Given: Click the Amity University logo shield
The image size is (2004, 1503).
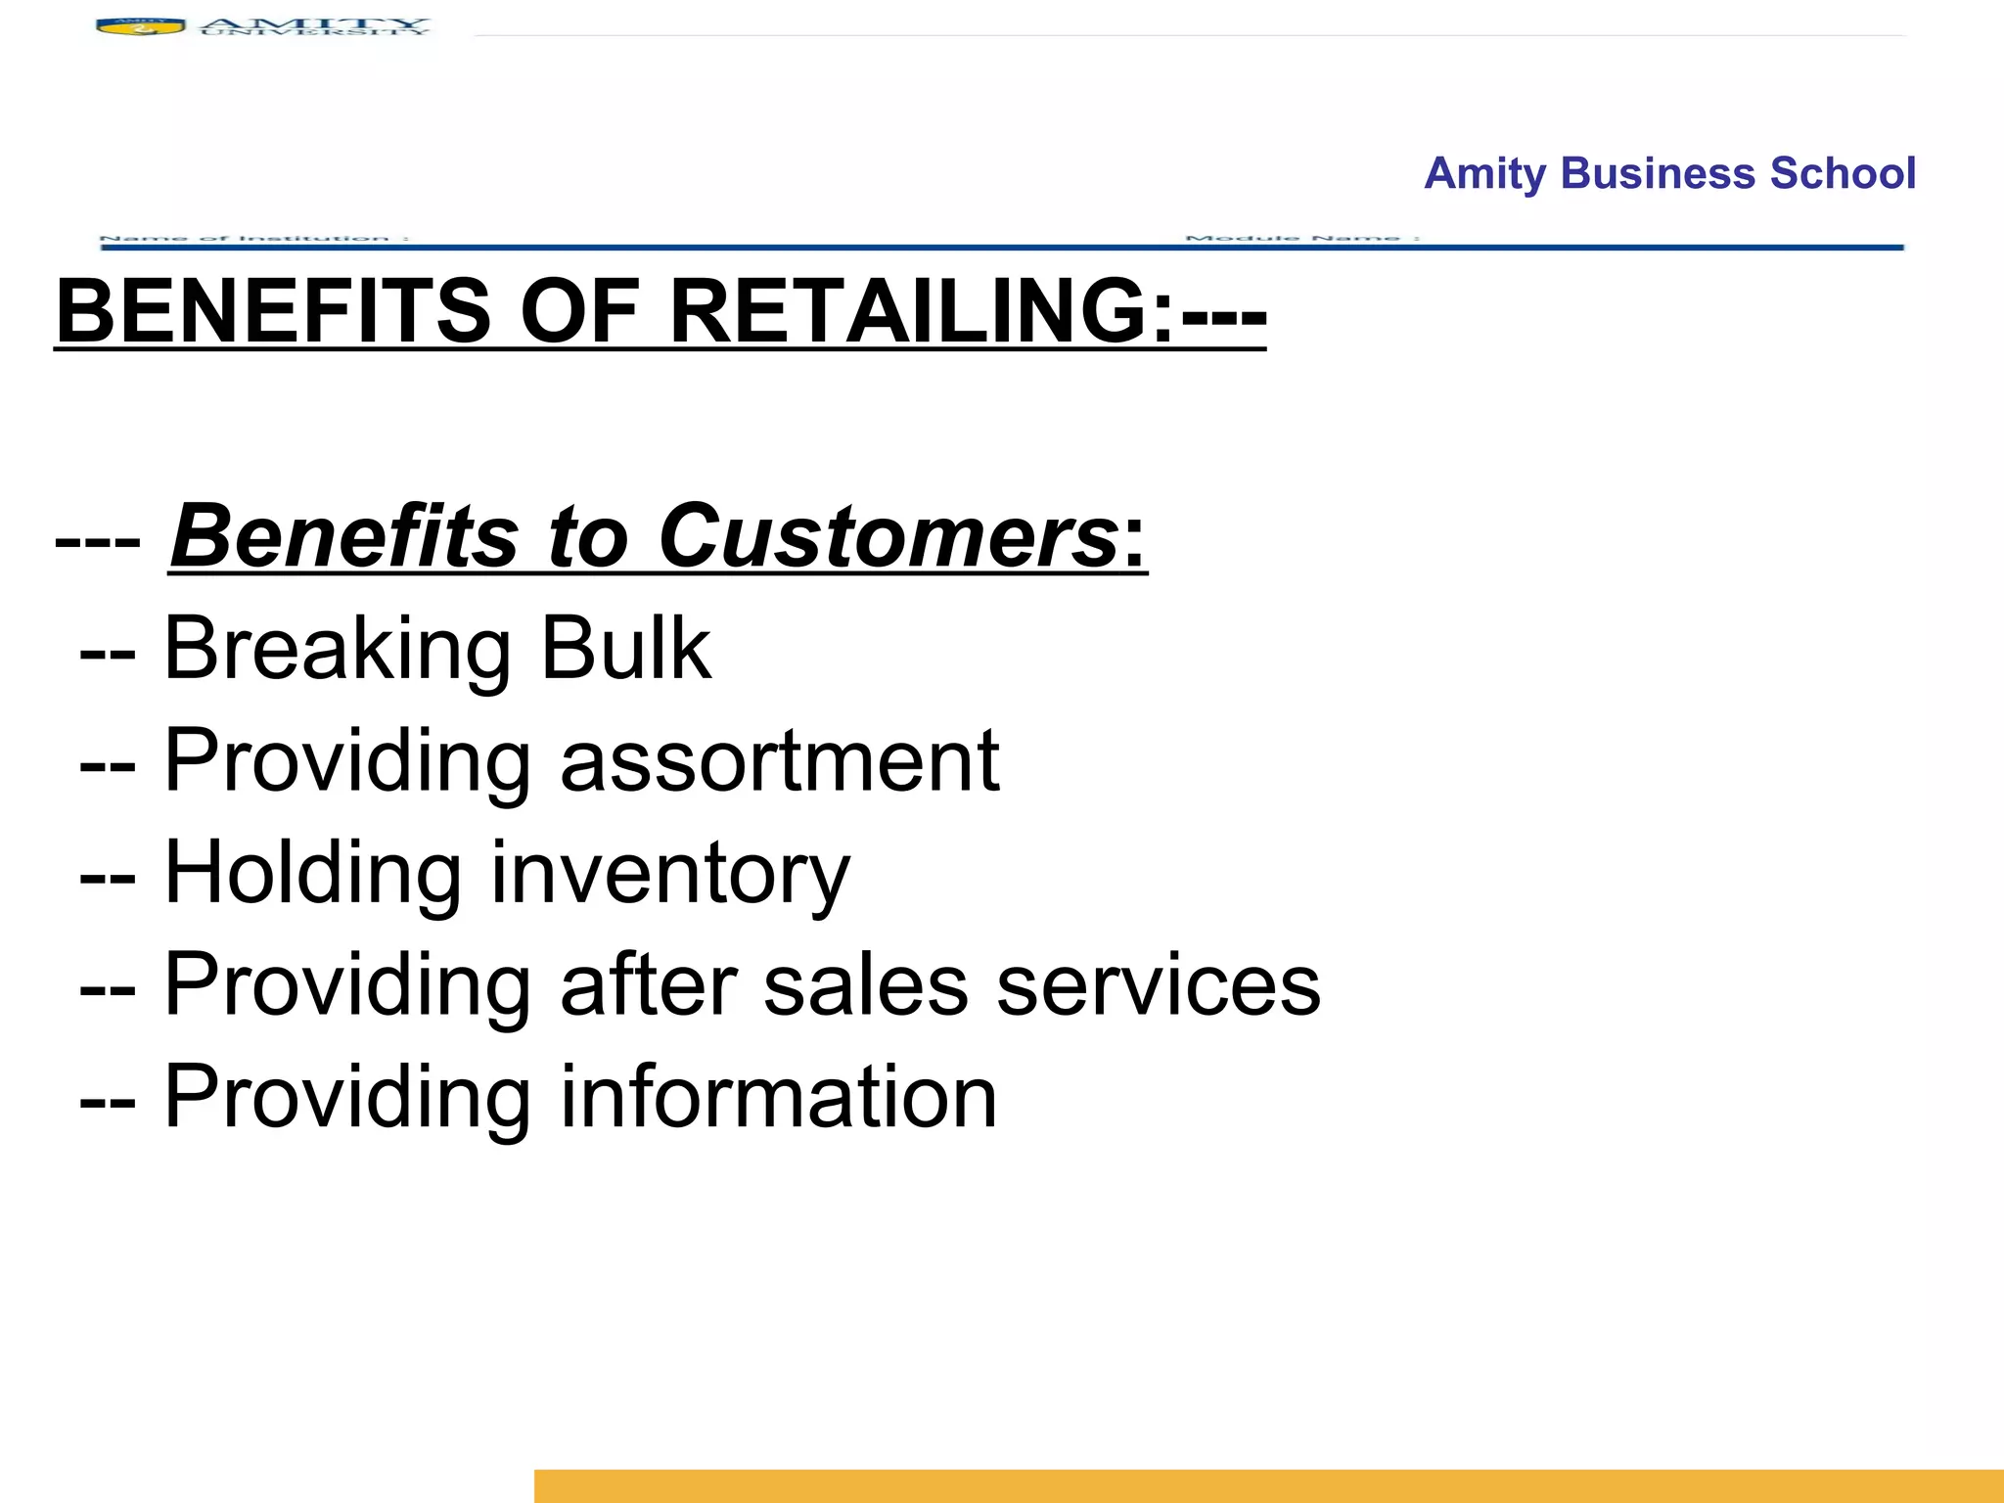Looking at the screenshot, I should pyautogui.click(x=140, y=26).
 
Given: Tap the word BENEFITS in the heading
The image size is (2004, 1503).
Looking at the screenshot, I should pyautogui.click(x=273, y=311).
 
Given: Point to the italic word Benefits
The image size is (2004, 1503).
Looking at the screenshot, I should pyautogui.click(x=342, y=536).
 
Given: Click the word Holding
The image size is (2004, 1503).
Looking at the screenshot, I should pyautogui.click(x=312, y=873).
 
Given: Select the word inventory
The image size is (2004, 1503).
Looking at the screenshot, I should pyautogui.click(x=670, y=875).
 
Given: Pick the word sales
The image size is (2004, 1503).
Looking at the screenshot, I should pyautogui.click(x=865, y=985).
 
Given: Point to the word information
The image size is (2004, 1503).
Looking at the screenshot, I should pyautogui.click(x=778, y=1097).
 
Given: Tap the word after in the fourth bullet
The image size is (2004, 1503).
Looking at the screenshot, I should pyautogui.click(x=648, y=985).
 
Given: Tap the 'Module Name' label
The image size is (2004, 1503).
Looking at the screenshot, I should pyautogui.click(x=1302, y=238).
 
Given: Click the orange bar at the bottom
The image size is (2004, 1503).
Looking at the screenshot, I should pyautogui.click(x=1268, y=1485).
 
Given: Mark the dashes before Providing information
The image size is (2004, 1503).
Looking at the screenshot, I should pyautogui.click(x=108, y=1099).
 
